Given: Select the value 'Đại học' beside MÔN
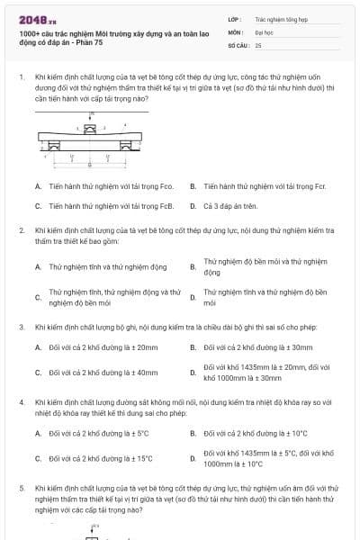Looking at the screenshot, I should [264, 31].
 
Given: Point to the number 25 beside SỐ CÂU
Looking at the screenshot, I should [258, 44].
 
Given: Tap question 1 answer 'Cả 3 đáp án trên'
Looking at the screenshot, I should [230, 205].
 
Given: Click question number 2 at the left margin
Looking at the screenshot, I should [22, 231].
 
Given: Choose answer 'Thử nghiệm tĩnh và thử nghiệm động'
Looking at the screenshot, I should [107, 266].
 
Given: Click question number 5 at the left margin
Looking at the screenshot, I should [22, 487].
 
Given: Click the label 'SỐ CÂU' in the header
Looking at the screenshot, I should [238, 44].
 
